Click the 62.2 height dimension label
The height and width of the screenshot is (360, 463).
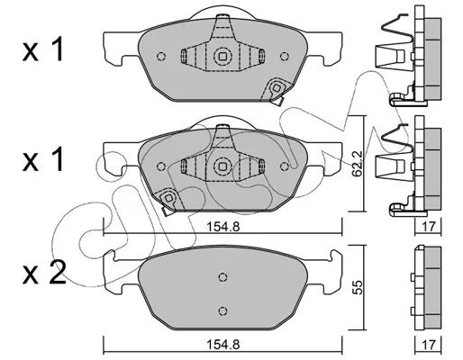click(359, 164)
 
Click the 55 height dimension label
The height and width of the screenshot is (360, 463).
click(359, 287)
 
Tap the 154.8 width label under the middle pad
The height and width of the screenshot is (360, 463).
click(222, 227)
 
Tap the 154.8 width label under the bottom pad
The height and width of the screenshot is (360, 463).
click(222, 345)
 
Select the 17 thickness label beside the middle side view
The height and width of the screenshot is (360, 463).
click(428, 227)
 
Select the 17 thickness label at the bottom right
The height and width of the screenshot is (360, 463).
click(428, 345)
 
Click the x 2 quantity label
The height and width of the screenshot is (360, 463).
click(44, 272)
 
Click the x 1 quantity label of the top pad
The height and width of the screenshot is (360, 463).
click(43, 49)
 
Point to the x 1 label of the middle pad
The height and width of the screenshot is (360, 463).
click(43, 159)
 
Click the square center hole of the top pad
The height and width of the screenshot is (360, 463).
click(222, 56)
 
